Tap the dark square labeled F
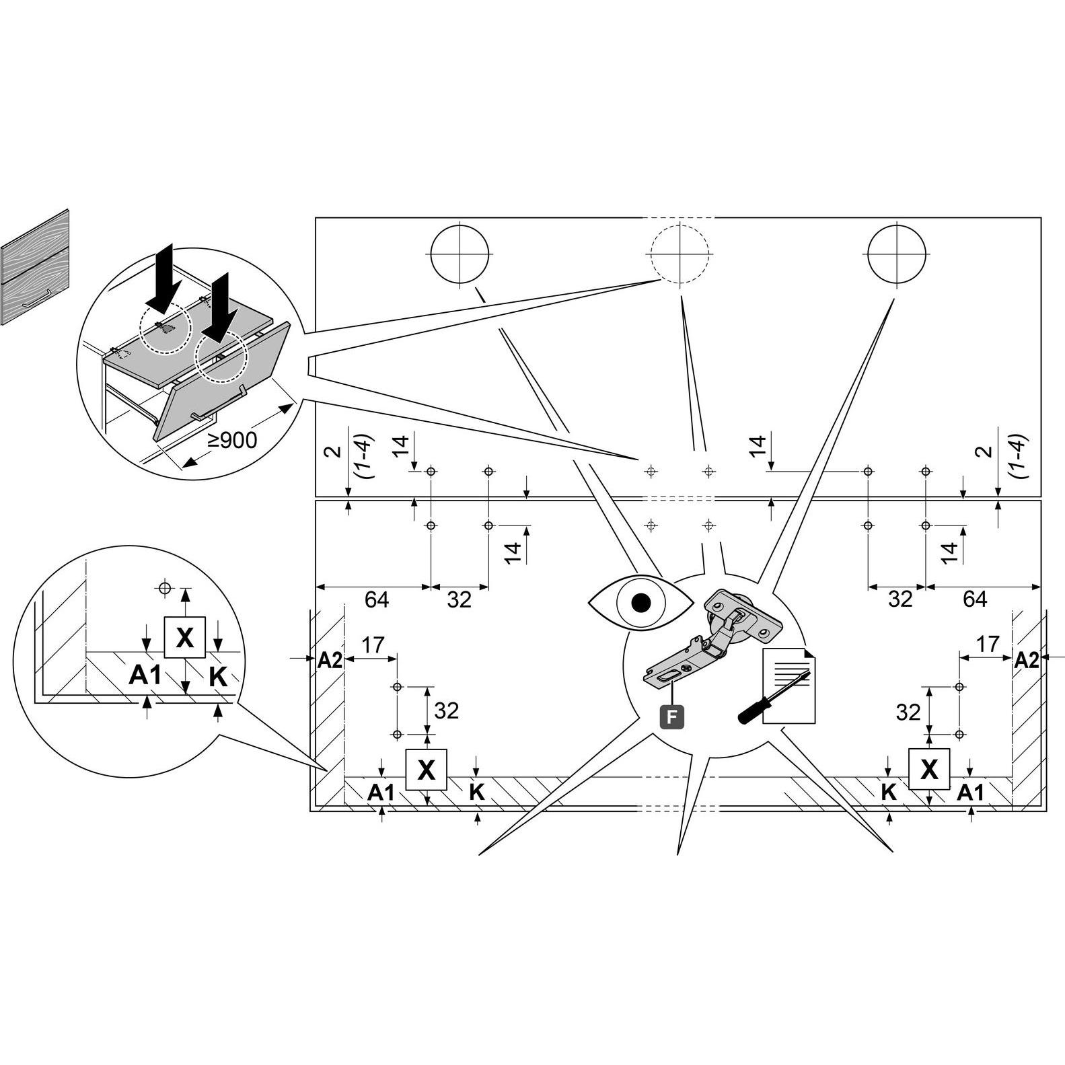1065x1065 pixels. (671, 717)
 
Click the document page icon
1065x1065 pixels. (789, 686)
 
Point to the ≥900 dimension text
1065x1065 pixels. (232, 441)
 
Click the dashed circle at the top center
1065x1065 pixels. (680, 254)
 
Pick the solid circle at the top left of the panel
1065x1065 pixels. (460, 254)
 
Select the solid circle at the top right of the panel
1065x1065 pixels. (897, 254)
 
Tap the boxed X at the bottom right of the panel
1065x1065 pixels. (929, 768)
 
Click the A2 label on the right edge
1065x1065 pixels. (1026, 661)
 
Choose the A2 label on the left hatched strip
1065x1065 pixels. (330, 661)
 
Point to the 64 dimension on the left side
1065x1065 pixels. (377, 599)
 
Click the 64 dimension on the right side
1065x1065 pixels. (975, 599)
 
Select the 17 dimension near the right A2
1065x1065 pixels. (988, 644)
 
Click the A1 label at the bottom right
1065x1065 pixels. (970, 793)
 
